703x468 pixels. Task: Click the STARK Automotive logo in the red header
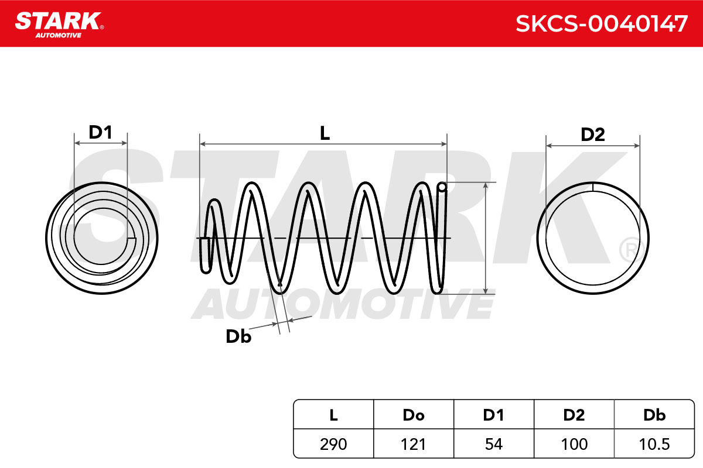[x=59, y=25]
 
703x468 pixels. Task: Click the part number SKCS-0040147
[x=602, y=24]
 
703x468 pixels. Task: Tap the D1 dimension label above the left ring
[x=100, y=132]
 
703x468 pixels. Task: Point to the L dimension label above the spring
[x=325, y=133]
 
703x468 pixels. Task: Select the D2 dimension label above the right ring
[x=593, y=135]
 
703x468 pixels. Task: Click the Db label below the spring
[x=238, y=336]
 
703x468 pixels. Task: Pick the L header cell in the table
[x=333, y=415]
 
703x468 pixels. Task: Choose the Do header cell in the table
[x=414, y=415]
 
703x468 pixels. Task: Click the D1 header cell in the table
[x=494, y=415]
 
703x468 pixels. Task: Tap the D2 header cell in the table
[x=574, y=415]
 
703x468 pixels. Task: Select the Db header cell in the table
[x=654, y=415]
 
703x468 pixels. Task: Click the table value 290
[x=333, y=444]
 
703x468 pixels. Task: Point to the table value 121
[x=414, y=444]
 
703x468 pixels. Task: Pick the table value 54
[x=494, y=444]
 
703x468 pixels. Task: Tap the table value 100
[x=574, y=444]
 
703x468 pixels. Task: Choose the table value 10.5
[x=654, y=444]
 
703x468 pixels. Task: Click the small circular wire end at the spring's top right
[x=442, y=187]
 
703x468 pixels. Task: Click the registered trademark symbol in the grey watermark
[x=630, y=250]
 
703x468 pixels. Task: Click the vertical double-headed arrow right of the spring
[x=486, y=238]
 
